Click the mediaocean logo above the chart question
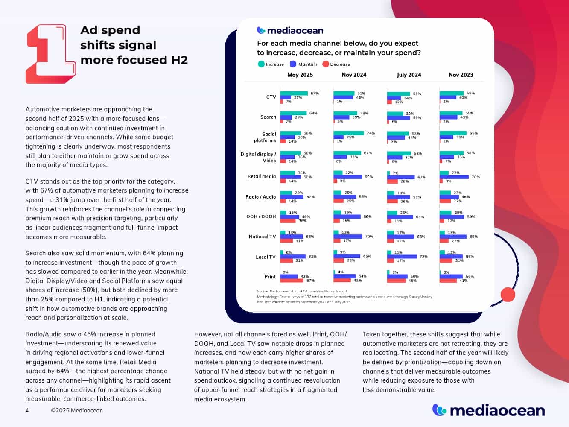point(290,30)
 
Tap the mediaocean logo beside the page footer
point(488,410)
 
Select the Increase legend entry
point(271,64)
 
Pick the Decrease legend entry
point(336,64)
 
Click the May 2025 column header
point(300,75)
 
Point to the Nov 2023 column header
point(461,75)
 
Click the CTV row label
point(271,97)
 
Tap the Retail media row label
point(262,176)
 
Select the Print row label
point(270,277)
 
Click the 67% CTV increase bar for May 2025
point(294,93)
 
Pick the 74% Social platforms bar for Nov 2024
point(349,133)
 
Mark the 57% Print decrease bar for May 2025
point(292,281)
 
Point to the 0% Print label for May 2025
point(286,272)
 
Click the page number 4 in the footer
point(27,411)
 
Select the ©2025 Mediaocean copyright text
point(77,411)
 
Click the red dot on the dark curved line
point(508,295)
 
